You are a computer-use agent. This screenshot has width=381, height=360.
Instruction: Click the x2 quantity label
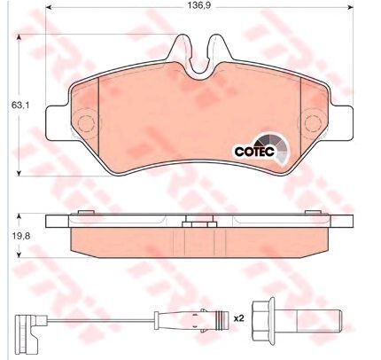[x=237, y=317]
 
